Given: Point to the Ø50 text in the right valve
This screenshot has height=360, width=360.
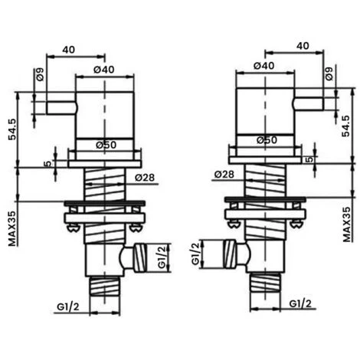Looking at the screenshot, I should click(x=266, y=140).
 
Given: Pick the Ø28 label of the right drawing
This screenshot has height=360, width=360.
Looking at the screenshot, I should click(x=224, y=175).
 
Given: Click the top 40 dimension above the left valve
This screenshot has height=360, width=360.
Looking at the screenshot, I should click(x=68, y=47).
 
